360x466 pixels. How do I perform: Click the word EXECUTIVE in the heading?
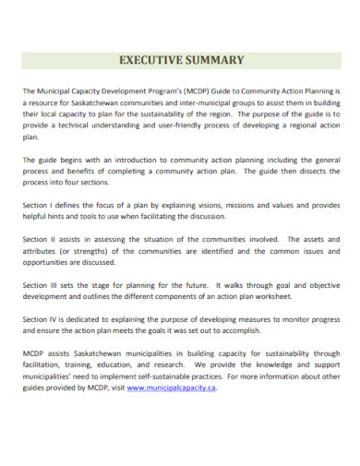pyautogui.click(x=150, y=61)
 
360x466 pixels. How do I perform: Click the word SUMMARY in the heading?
pyautogui.click(x=214, y=61)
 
